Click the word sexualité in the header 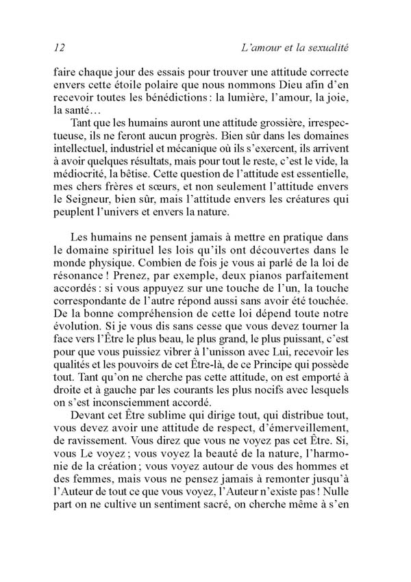click(x=325, y=47)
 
